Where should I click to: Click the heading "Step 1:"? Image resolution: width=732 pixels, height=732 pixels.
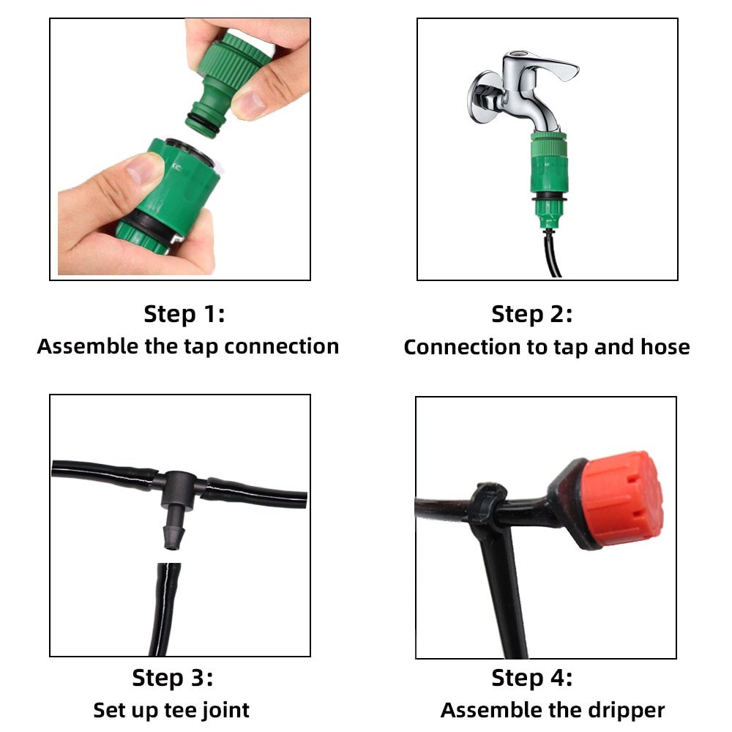pos(184,314)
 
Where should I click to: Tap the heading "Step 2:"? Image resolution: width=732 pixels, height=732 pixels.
pos(531,314)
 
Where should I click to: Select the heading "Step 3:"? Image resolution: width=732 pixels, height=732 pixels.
pos(172,678)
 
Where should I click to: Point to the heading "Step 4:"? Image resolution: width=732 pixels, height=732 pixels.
pos(531,678)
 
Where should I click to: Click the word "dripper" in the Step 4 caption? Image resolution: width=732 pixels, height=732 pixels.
pos(626,711)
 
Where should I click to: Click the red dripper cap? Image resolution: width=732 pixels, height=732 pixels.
pos(622,499)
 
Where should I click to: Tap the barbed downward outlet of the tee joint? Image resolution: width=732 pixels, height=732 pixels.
pos(173,529)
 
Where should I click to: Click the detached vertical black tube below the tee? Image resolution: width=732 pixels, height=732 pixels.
pos(164,609)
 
